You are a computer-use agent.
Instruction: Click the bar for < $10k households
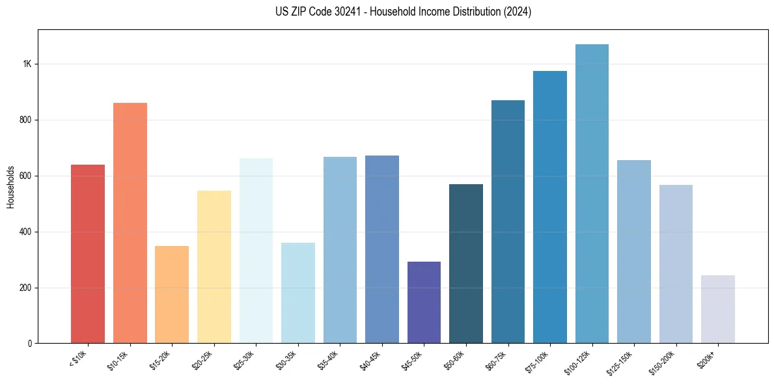[x=88, y=254]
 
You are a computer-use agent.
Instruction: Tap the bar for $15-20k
[x=172, y=294]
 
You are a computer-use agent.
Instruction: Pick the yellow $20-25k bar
[x=214, y=267]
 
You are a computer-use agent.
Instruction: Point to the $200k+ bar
[x=718, y=309]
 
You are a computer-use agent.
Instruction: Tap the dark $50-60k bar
[x=466, y=264]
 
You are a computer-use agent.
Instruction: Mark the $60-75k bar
[x=508, y=221]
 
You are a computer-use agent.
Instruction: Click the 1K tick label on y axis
[x=27, y=64]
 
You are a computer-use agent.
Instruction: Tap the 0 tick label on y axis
[x=30, y=344]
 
